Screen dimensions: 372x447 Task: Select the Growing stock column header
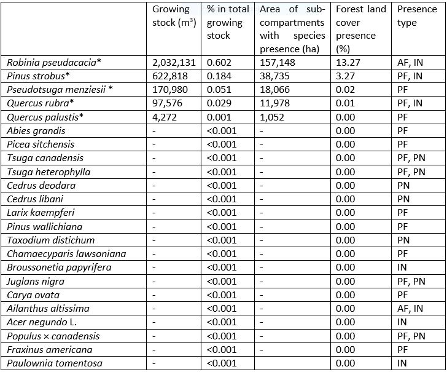point(174,16)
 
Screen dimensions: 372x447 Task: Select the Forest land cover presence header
point(361,28)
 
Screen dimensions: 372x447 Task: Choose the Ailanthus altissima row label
point(49,308)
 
